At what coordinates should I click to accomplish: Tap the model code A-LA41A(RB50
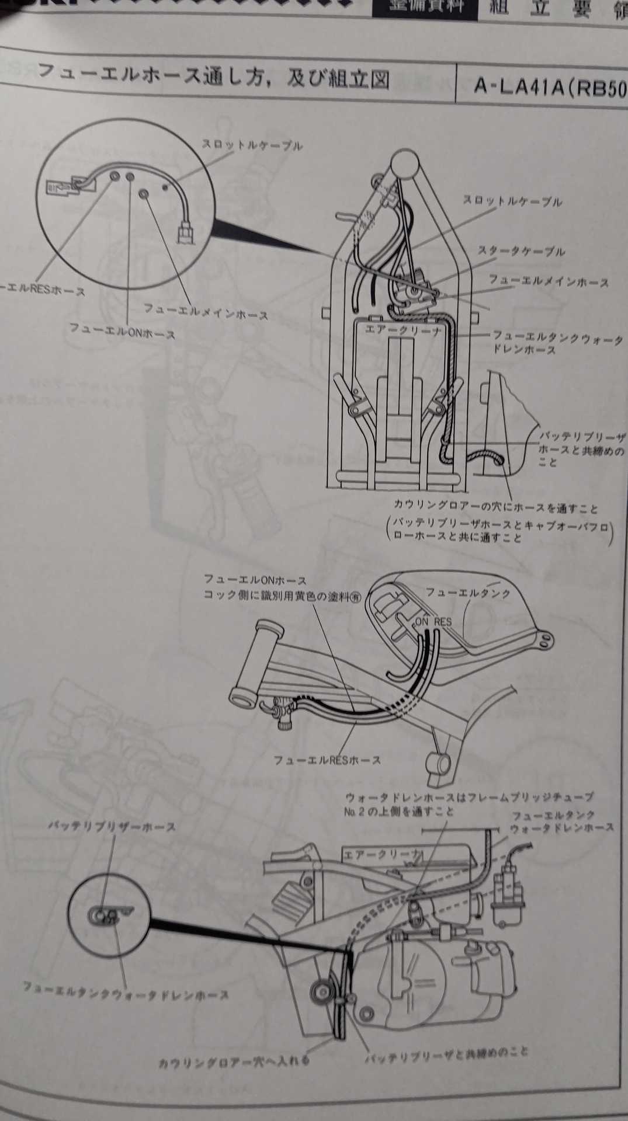(549, 87)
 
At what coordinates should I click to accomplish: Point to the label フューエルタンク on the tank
(467, 592)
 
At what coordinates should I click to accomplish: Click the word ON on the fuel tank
(422, 622)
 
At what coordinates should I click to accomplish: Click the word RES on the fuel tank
(442, 622)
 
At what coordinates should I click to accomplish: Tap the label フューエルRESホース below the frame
(327, 760)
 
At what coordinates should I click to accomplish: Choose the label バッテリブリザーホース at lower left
(111, 827)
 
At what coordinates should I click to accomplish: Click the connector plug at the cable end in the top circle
(185, 233)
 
